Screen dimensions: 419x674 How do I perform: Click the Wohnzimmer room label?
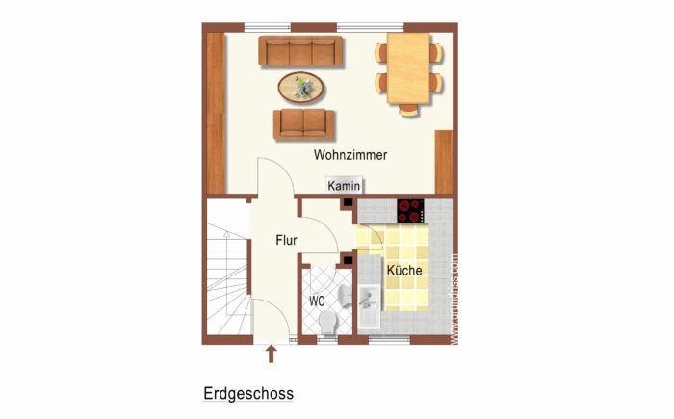pyautogui.click(x=350, y=154)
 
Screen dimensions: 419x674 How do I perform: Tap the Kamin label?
pyautogui.click(x=344, y=186)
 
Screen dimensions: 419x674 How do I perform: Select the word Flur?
pyautogui.click(x=286, y=241)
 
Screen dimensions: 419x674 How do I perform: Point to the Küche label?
pyautogui.click(x=404, y=271)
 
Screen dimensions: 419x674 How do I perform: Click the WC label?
pyautogui.click(x=317, y=301)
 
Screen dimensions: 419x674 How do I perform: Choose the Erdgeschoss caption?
pyautogui.click(x=248, y=393)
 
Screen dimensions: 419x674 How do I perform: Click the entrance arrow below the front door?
pyautogui.click(x=271, y=354)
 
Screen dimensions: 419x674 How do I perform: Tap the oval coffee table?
pyautogui.click(x=301, y=88)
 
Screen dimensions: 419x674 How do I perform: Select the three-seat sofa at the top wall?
pyautogui.click(x=301, y=51)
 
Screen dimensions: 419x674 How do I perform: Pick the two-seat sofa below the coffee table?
pyautogui.click(x=304, y=124)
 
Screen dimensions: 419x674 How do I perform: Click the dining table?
pyautogui.click(x=409, y=67)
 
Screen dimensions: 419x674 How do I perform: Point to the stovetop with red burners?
pyautogui.click(x=411, y=209)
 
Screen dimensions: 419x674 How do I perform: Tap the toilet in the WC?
pyautogui.click(x=327, y=321)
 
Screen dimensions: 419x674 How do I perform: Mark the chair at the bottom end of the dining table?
pyautogui.click(x=409, y=107)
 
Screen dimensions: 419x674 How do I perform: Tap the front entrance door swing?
pyautogui.click(x=272, y=315)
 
